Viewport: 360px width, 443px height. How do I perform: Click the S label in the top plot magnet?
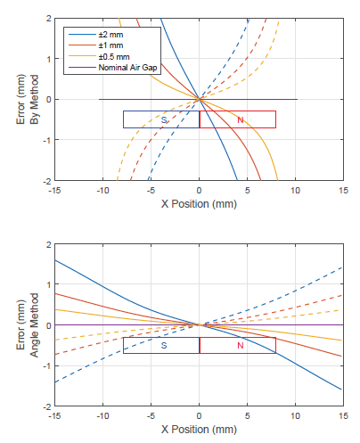click(x=164, y=119)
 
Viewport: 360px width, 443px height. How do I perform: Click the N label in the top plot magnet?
click(x=240, y=119)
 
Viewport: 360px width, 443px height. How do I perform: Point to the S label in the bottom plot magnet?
click(x=164, y=346)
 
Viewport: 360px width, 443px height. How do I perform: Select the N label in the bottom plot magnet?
click(x=240, y=346)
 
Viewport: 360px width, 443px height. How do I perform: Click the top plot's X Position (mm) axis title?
click(x=199, y=203)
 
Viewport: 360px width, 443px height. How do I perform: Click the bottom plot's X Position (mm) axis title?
click(x=199, y=429)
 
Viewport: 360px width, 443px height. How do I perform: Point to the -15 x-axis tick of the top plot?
click(x=55, y=189)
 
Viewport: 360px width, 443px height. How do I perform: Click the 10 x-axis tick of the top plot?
click(x=295, y=189)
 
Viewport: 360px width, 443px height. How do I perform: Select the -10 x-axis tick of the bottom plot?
click(x=103, y=415)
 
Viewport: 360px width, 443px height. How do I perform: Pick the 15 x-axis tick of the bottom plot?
click(x=343, y=415)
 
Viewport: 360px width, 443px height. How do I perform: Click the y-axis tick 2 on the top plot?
click(x=47, y=18)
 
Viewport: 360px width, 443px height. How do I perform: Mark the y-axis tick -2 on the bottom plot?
click(x=45, y=406)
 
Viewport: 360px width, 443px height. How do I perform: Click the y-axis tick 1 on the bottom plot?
click(x=47, y=284)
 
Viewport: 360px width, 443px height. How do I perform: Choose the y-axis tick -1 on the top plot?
click(x=45, y=139)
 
